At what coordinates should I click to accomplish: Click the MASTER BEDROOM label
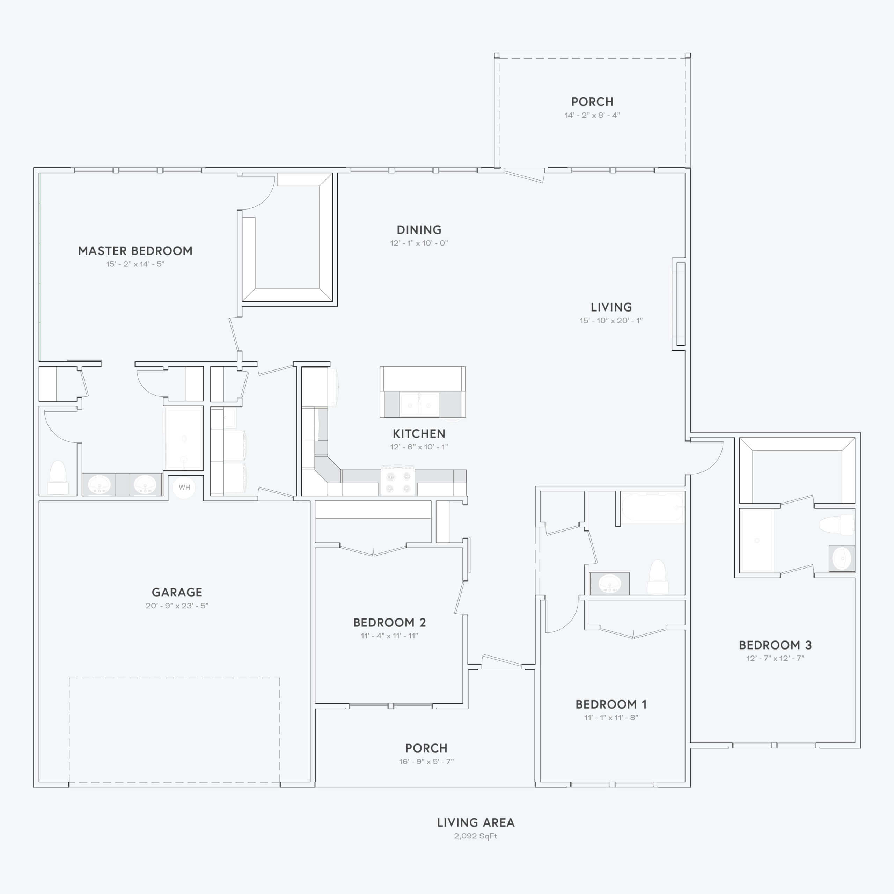click(135, 251)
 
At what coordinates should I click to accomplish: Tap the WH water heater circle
click(184, 487)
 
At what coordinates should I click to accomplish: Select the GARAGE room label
click(177, 592)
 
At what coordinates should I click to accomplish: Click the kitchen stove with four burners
click(398, 480)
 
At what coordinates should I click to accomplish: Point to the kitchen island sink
click(419, 404)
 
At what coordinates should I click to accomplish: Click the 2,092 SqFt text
click(476, 836)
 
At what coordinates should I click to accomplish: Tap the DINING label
click(419, 230)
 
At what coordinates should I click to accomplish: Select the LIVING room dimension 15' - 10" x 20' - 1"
click(611, 320)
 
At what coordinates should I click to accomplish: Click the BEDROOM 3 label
click(775, 645)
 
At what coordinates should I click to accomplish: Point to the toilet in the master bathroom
click(58, 477)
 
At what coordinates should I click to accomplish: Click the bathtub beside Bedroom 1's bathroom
click(652, 508)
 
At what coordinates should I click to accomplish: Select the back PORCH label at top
click(592, 102)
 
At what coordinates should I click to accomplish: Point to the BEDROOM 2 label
click(389, 622)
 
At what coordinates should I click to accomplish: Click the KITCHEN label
click(419, 434)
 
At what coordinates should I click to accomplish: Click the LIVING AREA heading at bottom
click(476, 822)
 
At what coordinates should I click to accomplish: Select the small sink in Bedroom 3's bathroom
click(842, 558)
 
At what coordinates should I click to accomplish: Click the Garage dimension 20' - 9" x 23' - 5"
click(177, 606)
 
